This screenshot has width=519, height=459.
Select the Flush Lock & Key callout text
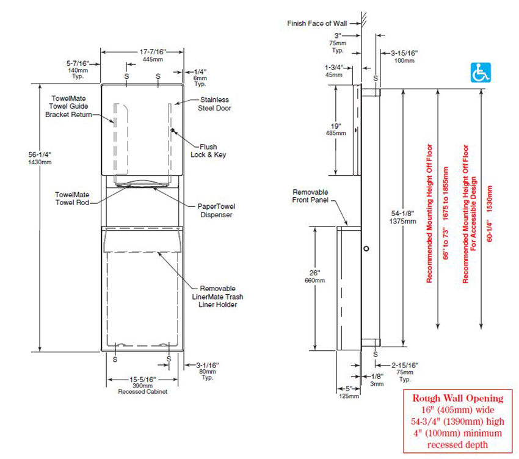pyautogui.click(x=212, y=150)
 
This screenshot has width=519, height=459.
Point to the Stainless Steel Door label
pyautogui.click(x=214, y=104)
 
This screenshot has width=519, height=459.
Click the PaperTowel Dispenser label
pyautogui.click(x=216, y=210)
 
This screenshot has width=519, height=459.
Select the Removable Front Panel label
pyautogui.click(x=310, y=195)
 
